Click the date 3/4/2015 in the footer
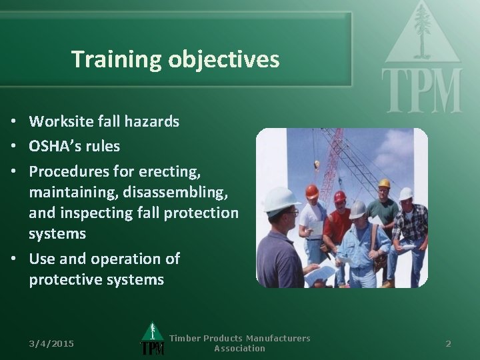point(51,343)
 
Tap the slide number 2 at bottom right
point(448,343)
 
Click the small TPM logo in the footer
point(153,341)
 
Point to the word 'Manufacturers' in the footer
point(274,338)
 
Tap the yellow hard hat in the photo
point(384,183)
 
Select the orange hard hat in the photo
point(312,192)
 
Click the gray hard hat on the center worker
point(358,209)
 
